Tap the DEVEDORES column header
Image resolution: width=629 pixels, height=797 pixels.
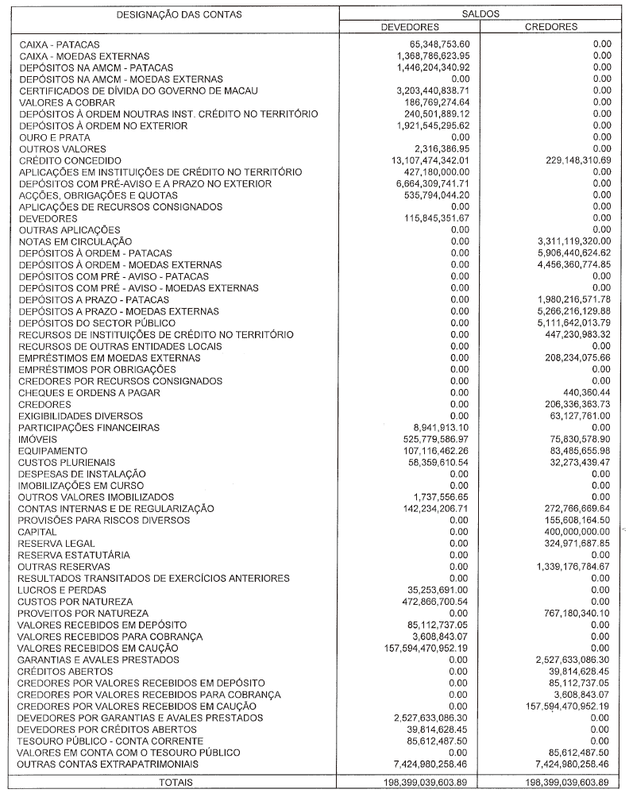click(x=411, y=27)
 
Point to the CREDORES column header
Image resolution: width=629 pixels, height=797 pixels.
click(x=551, y=27)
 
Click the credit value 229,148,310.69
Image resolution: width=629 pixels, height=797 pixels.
click(x=565, y=160)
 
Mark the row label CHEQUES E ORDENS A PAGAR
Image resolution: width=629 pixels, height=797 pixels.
click(x=89, y=393)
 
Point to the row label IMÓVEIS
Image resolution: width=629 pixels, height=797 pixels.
click(x=37, y=439)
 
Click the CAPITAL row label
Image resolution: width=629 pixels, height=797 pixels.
click(x=37, y=532)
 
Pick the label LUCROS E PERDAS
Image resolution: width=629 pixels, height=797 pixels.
click(x=59, y=591)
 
